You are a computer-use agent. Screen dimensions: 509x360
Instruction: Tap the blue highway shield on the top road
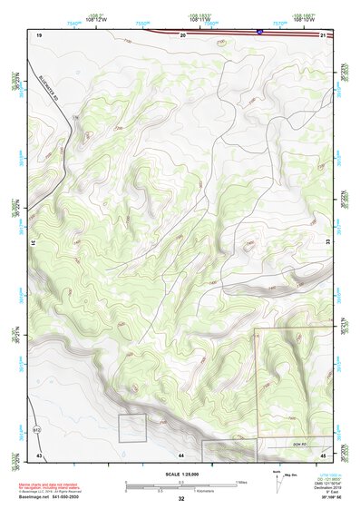[260, 30]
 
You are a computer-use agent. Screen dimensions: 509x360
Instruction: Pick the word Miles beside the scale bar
[243, 482]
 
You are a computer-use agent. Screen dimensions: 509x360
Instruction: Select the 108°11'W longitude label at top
[200, 17]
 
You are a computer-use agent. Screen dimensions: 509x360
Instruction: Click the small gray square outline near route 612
[132, 427]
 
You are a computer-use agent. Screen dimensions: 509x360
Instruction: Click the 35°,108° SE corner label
[324, 499]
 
